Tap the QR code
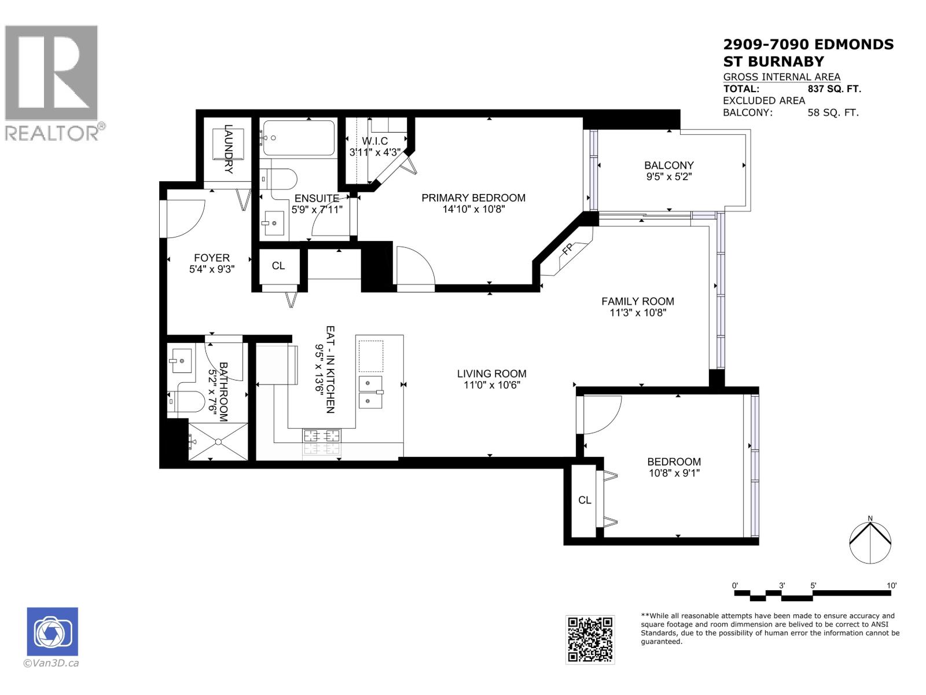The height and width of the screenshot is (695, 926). pos(590,639)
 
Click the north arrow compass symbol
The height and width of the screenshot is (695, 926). pos(870,542)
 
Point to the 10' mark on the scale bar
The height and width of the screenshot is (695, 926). pos(891,586)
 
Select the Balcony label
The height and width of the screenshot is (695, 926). pos(669,165)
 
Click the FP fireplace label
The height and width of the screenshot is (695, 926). pos(567,250)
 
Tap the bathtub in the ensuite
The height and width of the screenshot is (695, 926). pos(297,138)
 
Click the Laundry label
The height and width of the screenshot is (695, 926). pos(228,149)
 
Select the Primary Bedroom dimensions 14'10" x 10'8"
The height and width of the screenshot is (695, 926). pos(473,209)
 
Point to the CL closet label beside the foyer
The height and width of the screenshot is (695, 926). pos(278,266)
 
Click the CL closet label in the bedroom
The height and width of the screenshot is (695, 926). pos(585,500)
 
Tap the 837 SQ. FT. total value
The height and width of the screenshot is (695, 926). pos(834,89)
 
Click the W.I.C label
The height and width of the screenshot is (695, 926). pos(374,141)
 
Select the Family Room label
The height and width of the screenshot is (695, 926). pos(637,301)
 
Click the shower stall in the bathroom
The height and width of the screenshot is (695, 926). pos(218,441)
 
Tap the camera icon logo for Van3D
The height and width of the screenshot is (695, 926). pos(52,631)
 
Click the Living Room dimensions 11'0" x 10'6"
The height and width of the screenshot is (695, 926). pos(491,385)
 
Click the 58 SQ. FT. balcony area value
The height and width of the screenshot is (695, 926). pos(833,112)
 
